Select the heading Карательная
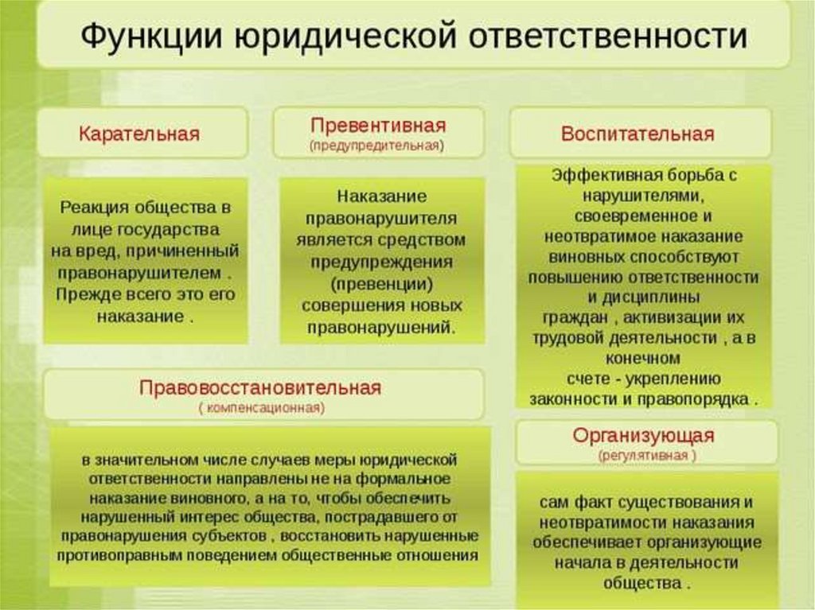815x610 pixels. (x=138, y=133)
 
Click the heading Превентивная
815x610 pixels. (x=378, y=126)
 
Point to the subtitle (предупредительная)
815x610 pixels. (x=377, y=146)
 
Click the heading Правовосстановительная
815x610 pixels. (x=260, y=388)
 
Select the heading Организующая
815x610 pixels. (x=644, y=436)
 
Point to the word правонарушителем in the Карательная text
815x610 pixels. (x=138, y=273)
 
